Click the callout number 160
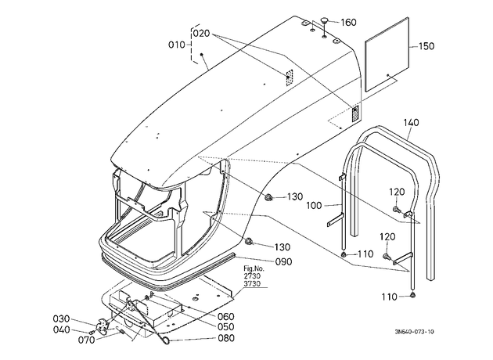coord(349,23)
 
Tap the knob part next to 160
coord(324,21)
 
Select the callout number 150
coord(426,46)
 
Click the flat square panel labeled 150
coord(387,54)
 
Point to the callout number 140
coord(412,122)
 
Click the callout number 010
coord(177,45)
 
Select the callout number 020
coord(202,34)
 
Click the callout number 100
coord(314,206)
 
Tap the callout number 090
coord(284,261)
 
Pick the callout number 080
coord(226,338)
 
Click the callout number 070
coord(86,340)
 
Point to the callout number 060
coord(226,316)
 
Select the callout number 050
coord(226,326)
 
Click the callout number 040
coord(62,329)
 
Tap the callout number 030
coord(61,319)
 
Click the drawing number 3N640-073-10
coord(415,332)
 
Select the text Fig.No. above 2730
coord(254,268)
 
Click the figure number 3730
coord(252,283)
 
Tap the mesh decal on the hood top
coord(289,77)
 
